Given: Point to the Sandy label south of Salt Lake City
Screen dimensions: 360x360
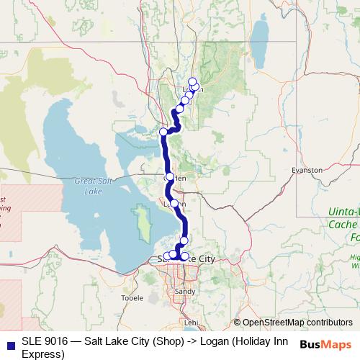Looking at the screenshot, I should click(185, 292).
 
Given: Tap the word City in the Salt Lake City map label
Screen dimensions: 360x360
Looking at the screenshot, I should click(202, 257).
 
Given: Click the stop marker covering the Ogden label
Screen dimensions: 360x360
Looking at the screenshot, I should click(170, 176).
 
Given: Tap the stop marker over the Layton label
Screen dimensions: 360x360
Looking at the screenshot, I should click(174, 204).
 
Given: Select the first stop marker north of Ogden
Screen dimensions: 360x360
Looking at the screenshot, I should click(163, 132).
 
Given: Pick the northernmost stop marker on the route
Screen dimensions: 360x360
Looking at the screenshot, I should click(192, 81).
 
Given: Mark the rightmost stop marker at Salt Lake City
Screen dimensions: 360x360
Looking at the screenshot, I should click(184, 256).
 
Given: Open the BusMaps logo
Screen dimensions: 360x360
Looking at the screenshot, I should click(325, 344).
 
